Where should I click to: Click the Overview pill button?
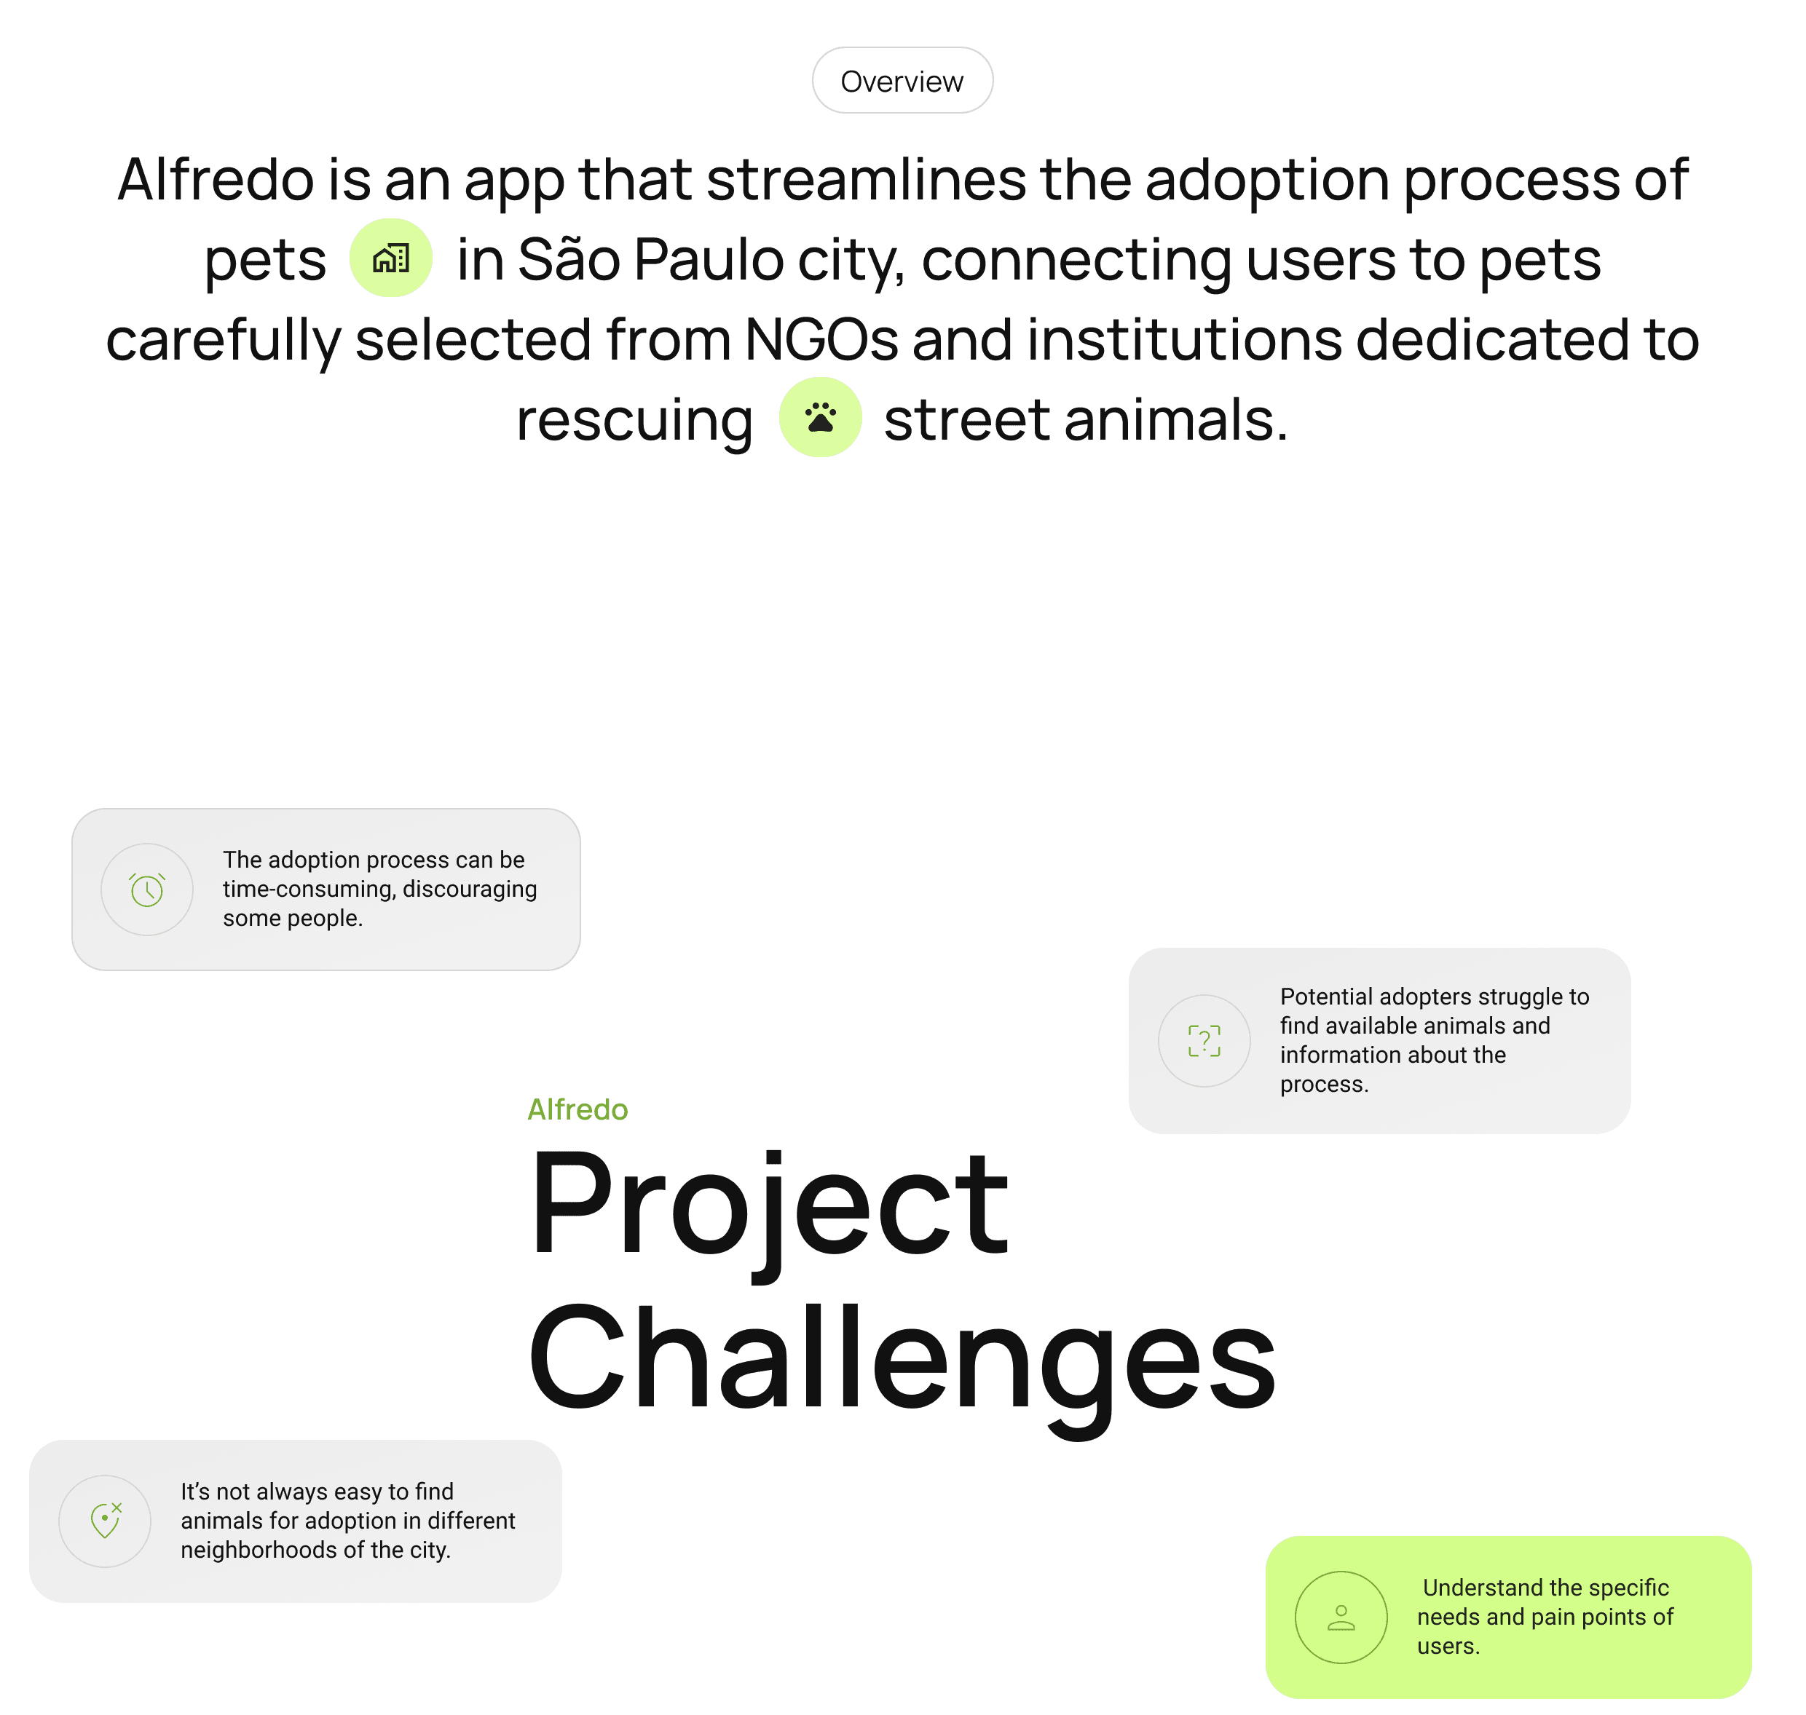point(902,81)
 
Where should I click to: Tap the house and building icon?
point(390,258)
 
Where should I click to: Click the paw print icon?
point(819,417)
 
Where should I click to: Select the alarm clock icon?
point(146,890)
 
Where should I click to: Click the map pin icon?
point(105,1521)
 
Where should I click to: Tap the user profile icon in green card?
point(1341,1617)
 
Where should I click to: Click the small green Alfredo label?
point(577,1109)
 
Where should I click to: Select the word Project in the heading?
point(768,1204)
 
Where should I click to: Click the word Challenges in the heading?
point(901,1358)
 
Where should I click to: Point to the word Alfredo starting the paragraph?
point(216,179)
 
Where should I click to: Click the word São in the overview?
point(569,260)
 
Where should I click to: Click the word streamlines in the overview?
point(865,179)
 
